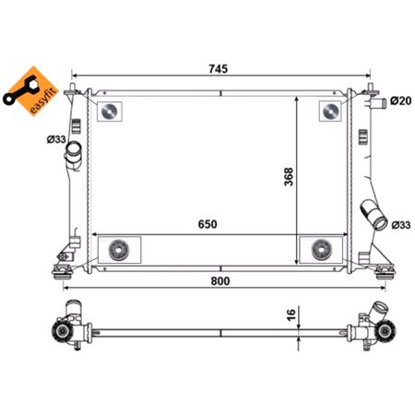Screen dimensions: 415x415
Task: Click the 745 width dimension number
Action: (218, 69)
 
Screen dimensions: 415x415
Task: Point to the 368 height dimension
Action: (286, 175)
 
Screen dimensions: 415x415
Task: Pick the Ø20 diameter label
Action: (399, 100)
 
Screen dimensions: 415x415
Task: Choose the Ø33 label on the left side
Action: (56, 140)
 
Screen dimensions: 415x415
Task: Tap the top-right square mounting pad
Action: (329, 111)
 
